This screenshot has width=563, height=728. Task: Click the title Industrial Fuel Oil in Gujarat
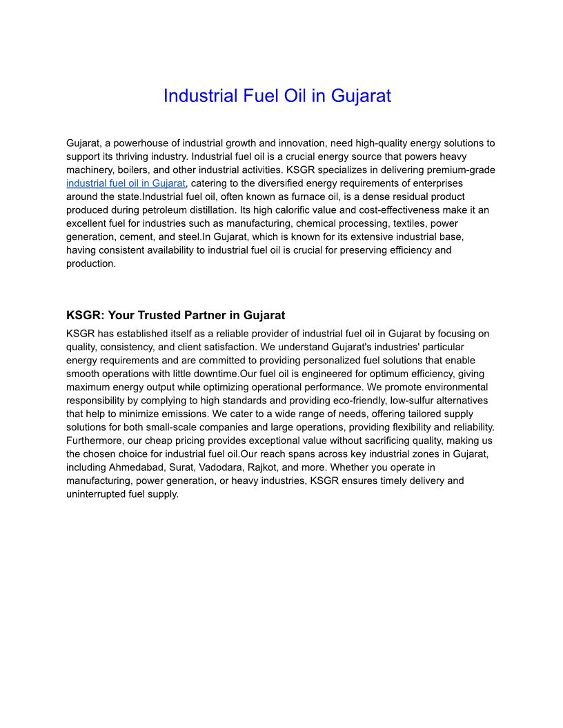tap(277, 96)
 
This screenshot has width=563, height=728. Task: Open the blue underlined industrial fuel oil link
tap(126, 183)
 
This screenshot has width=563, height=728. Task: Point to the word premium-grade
tap(462, 170)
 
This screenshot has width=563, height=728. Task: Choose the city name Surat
tap(182, 467)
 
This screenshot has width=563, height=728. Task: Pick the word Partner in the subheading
tap(204, 316)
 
